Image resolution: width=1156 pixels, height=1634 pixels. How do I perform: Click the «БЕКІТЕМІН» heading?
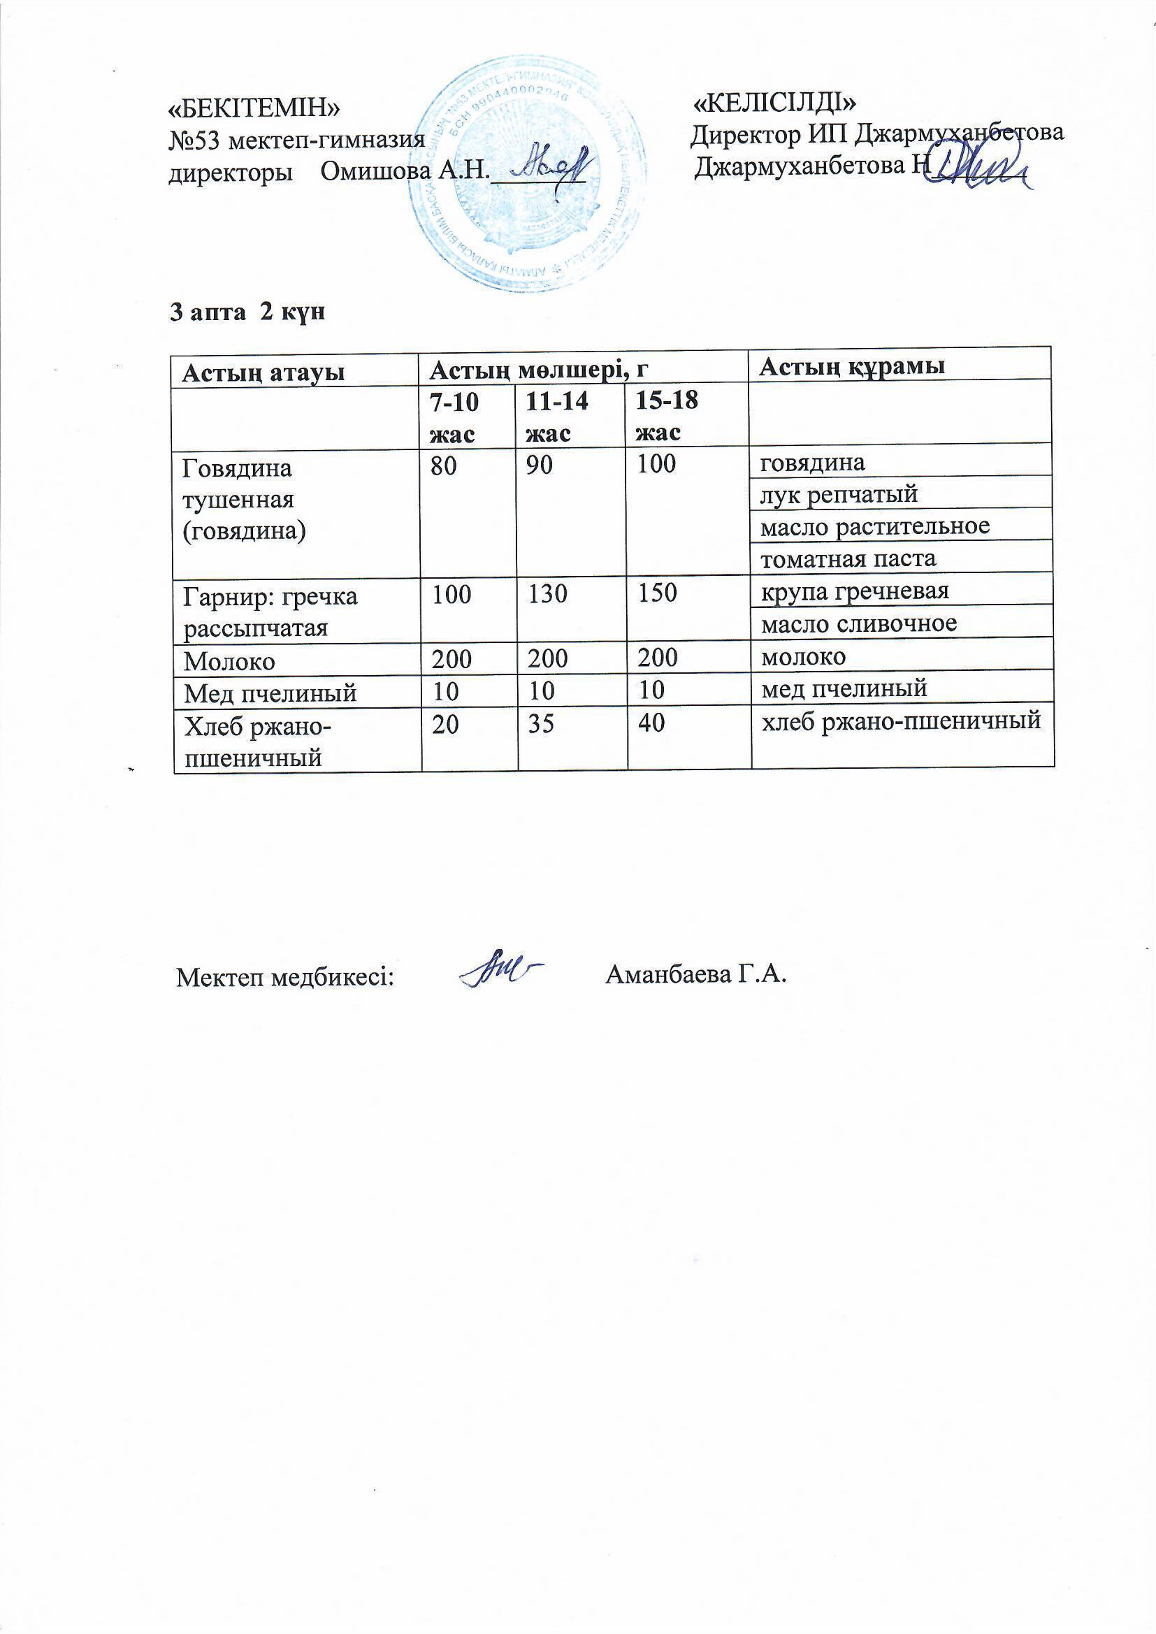(x=254, y=108)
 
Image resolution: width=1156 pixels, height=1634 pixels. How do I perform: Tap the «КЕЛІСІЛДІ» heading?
(x=774, y=103)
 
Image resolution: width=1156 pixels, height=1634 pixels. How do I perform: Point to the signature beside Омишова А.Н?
(x=551, y=166)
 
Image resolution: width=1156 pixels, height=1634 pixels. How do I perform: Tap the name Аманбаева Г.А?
(x=695, y=974)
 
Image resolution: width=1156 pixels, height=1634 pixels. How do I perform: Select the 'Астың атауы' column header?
(x=263, y=373)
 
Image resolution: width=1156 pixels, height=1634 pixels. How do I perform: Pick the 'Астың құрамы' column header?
(x=852, y=366)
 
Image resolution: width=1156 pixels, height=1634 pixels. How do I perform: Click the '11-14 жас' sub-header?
(x=556, y=417)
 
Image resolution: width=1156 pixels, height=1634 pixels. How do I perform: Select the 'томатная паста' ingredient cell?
(x=848, y=558)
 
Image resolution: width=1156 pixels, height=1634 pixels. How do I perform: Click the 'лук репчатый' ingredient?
(x=839, y=494)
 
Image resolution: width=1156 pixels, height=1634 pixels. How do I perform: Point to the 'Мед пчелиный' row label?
(x=270, y=693)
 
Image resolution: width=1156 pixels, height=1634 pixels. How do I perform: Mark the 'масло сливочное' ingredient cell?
(x=858, y=623)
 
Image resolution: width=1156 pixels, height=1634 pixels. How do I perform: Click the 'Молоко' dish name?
(x=229, y=661)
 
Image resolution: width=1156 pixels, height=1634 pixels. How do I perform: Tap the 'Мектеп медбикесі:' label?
(x=285, y=977)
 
